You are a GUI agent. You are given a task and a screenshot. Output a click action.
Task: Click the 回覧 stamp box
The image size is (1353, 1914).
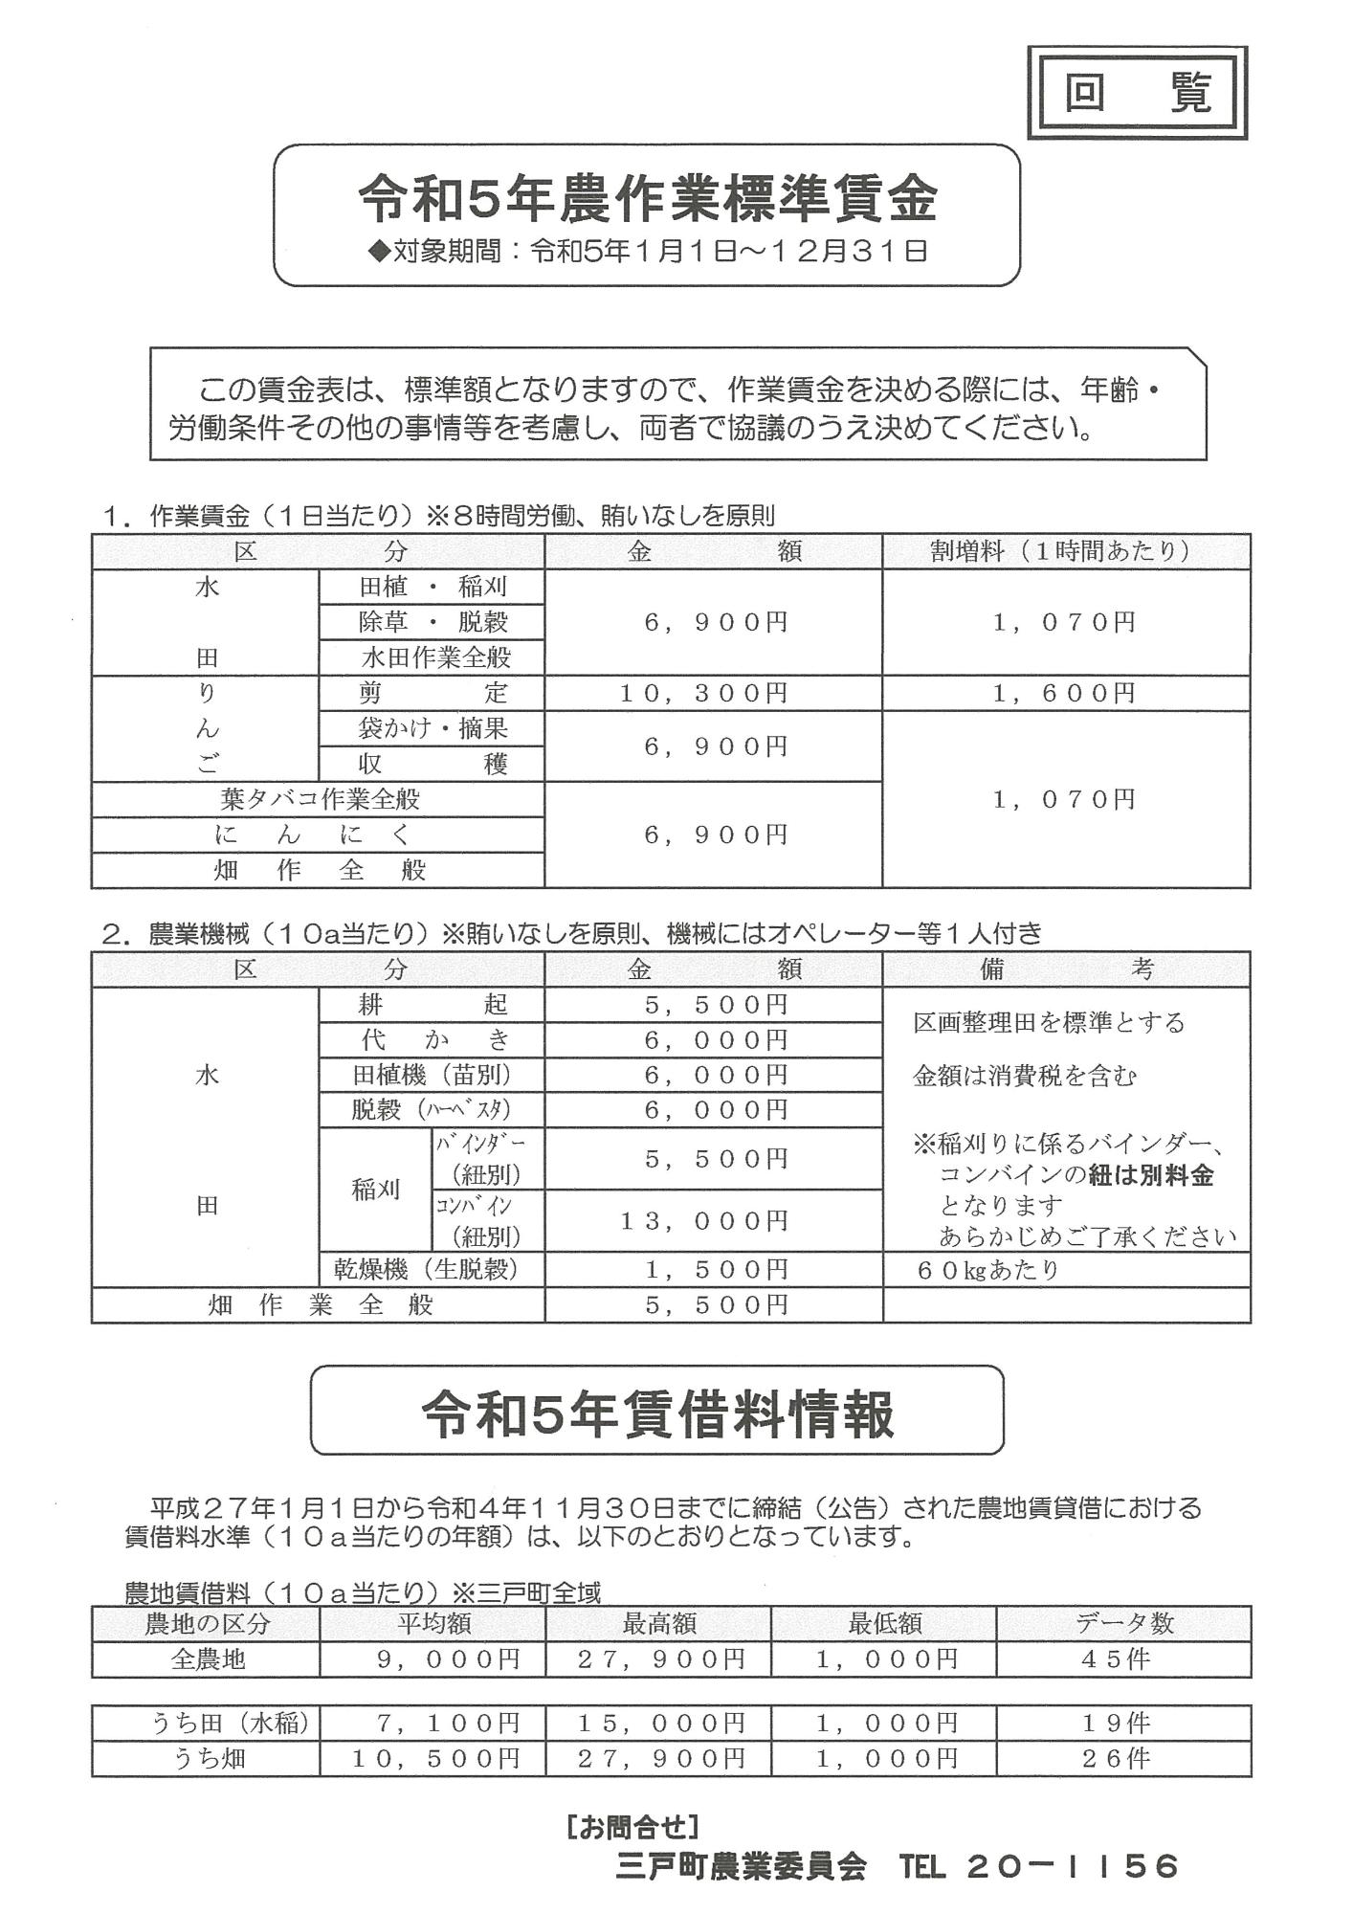[1137, 93]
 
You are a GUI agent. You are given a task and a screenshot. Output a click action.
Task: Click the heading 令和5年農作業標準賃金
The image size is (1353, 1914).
[647, 199]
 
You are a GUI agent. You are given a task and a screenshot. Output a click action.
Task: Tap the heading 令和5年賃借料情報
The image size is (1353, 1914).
[657, 1415]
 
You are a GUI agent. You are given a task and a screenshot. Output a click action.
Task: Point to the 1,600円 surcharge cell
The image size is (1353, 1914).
[1064, 693]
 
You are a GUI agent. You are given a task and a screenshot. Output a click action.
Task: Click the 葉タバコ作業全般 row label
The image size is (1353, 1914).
[320, 799]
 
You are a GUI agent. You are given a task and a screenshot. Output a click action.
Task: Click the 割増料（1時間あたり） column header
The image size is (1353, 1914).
[1064, 551]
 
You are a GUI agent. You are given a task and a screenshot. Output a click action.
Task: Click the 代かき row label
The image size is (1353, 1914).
[435, 1039]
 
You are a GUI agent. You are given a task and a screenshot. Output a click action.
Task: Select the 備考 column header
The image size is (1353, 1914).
[1064, 969]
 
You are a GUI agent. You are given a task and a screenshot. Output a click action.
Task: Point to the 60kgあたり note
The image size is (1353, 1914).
[988, 1270]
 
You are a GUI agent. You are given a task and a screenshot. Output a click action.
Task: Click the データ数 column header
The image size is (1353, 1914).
[1123, 1623]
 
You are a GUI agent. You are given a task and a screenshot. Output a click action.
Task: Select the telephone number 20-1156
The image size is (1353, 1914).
[1074, 1866]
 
